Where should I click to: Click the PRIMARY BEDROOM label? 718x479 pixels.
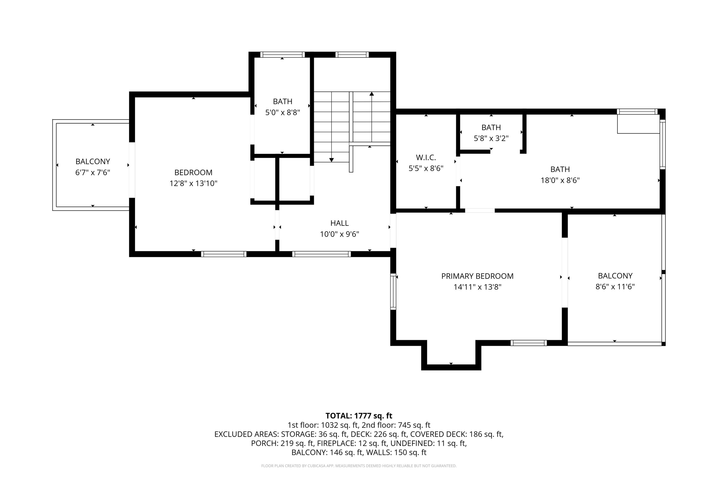pos(477,276)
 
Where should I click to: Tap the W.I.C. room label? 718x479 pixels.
pos(426,158)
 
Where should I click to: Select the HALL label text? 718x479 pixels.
pos(339,223)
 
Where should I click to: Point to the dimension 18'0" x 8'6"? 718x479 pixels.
pos(560,180)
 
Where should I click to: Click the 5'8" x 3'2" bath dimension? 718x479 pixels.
pos(491,138)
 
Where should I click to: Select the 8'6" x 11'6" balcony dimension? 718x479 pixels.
pos(615,286)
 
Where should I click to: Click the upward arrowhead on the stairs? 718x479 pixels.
pos(371,94)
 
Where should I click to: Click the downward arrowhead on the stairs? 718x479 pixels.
pos(331,160)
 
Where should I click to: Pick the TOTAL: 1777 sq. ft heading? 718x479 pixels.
pos(359,416)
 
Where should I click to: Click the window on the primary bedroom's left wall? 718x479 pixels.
pos(393,291)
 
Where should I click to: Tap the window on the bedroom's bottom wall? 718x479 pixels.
pos(224,254)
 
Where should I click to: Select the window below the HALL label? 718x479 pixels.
pos(321,254)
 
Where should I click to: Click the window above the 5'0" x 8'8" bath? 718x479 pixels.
pos(282,55)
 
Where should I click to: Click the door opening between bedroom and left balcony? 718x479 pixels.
pos(132,170)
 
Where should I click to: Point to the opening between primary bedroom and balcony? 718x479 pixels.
pos(565,273)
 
